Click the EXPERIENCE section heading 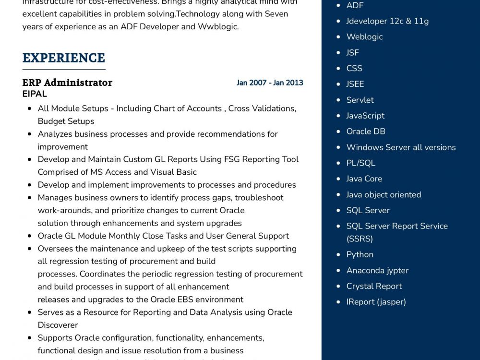pos(63,58)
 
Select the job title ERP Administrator pos(67,83)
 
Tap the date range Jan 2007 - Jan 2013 pos(270,83)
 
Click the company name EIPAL pos(35,94)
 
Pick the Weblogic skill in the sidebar pos(364,37)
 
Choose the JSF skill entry pos(352,53)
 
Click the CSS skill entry pos(354,69)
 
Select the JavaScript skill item pos(365,116)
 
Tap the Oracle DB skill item pos(366,132)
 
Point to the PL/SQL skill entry pos(360,163)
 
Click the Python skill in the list pos(360,254)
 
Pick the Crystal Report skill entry pos(374,286)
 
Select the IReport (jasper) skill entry pos(376,302)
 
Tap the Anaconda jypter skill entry pos(377,270)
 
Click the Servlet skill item pos(360,100)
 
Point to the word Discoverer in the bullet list pos(58,325)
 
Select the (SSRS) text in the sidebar pos(360,239)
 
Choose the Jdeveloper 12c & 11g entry pos(387,21)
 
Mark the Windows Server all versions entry pos(401,147)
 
